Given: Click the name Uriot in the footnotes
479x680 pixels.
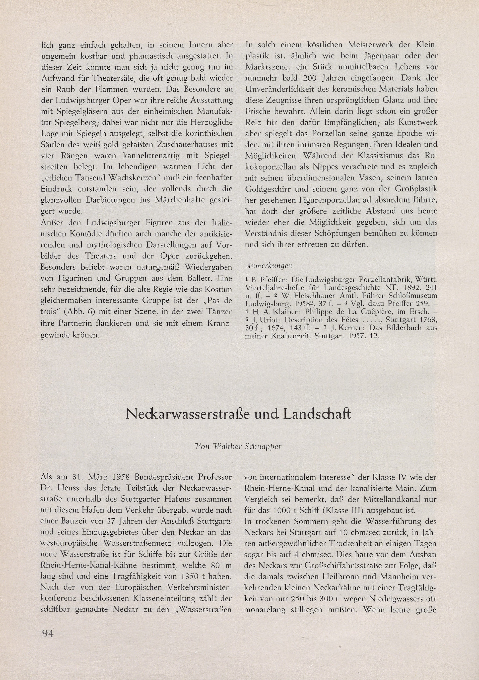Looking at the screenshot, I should (271, 320).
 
